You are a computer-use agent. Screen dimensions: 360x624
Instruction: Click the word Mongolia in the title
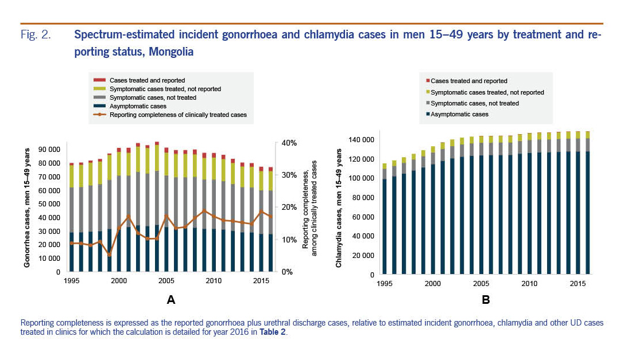tap(171, 52)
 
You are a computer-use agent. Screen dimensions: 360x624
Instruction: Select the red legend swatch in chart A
tap(100, 80)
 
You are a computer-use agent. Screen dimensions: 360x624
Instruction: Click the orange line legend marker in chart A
tap(100, 115)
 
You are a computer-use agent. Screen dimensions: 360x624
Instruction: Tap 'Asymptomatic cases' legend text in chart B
tap(459, 114)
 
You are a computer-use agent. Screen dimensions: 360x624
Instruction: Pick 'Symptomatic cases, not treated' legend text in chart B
tap(475, 103)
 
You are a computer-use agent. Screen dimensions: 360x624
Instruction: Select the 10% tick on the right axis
tap(286, 240)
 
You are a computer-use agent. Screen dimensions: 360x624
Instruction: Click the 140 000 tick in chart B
tap(360, 140)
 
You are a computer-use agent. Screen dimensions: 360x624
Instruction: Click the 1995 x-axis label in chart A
tap(71, 281)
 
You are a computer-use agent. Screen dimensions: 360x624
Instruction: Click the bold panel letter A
tap(170, 299)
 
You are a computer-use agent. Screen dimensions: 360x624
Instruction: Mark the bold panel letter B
tap(485, 299)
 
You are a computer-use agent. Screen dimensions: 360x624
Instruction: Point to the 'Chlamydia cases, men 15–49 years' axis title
tap(339, 208)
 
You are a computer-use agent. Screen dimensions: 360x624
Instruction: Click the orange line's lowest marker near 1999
tap(109, 255)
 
